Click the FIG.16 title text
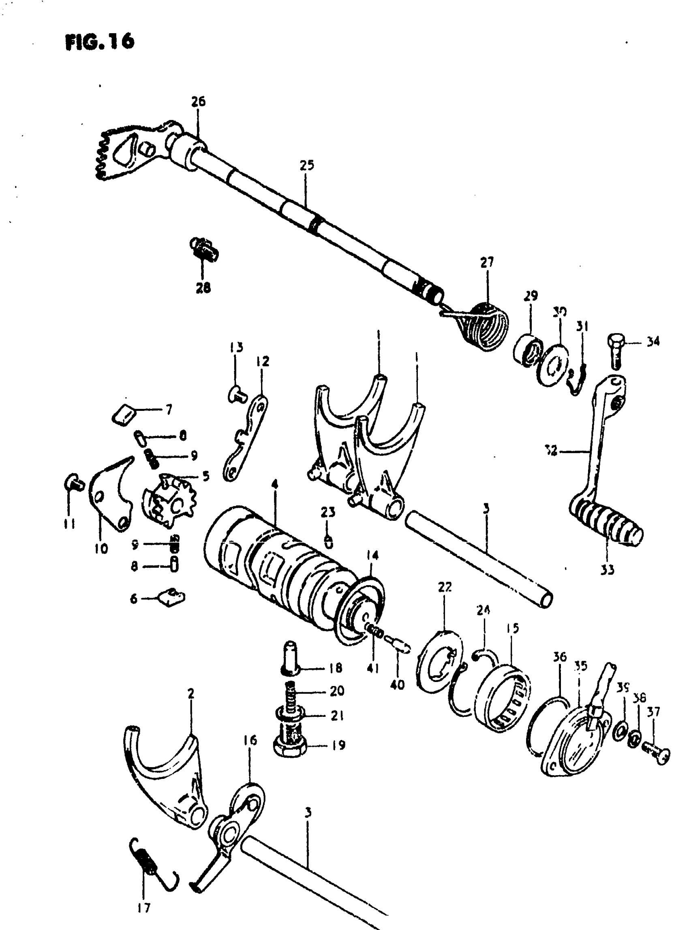point(100,42)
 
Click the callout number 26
point(199,102)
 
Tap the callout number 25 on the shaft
point(306,166)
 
